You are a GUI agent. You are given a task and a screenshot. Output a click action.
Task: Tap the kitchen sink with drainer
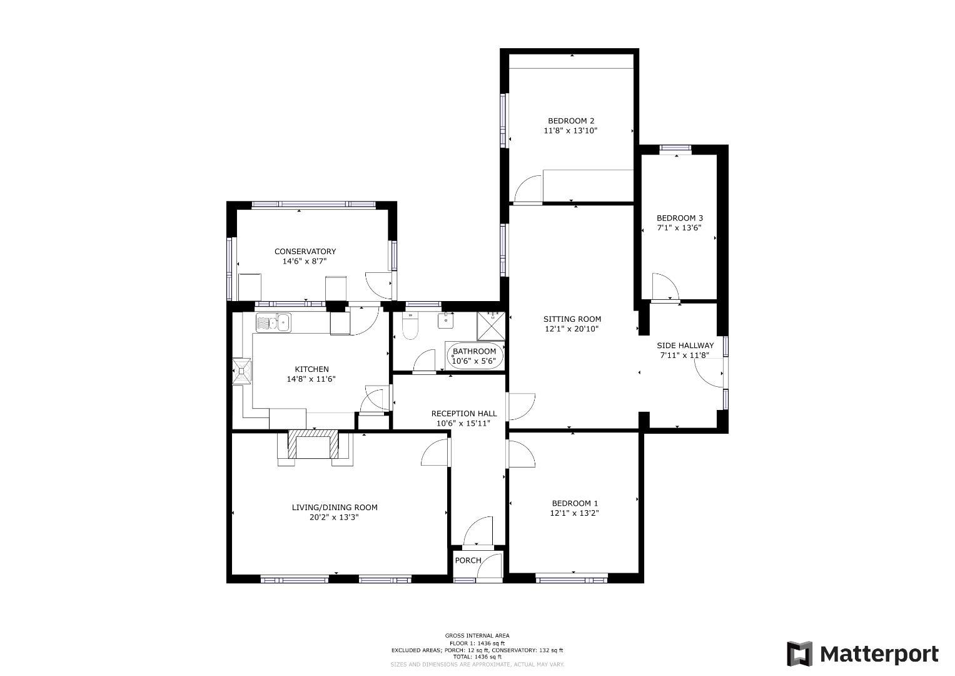[x=273, y=322]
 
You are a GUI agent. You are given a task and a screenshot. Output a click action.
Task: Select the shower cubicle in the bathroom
[x=491, y=326]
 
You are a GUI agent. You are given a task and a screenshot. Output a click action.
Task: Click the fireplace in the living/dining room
[x=313, y=444]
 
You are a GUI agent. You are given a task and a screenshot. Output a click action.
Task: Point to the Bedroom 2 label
[x=571, y=121]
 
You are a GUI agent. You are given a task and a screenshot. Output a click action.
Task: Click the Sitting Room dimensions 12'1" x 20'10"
[x=572, y=329]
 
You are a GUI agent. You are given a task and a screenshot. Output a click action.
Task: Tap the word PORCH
[x=468, y=560]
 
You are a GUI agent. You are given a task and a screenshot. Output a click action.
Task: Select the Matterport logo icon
[x=799, y=653]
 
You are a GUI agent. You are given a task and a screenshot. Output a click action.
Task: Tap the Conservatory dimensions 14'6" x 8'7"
[x=305, y=261]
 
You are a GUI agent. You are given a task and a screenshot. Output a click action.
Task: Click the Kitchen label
[x=311, y=369]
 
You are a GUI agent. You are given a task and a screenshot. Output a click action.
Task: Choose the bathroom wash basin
[x=445, y=320]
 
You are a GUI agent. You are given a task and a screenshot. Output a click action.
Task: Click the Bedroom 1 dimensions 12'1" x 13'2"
[x=574, y=513]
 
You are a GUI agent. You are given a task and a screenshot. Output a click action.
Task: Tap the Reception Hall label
[x=464, y=414]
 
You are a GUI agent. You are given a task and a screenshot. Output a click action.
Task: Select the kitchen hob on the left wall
[x=242, y=371]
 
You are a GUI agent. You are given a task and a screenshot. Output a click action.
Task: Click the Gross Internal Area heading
[x=477, y=635]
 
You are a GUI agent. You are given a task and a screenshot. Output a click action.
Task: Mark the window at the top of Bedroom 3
[x=675, y=148]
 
